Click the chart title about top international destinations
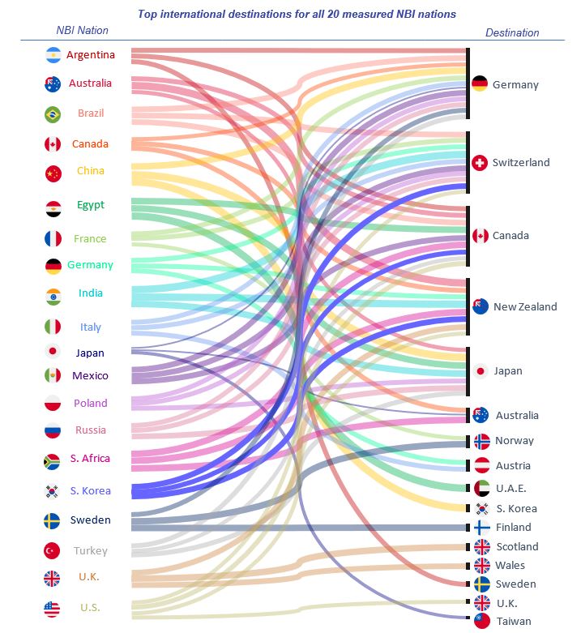(297, 14)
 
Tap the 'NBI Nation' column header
(82, 30)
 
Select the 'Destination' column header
(512, 33)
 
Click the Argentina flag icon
(53, 56)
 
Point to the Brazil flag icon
(53, 113)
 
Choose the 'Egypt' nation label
(91, 205)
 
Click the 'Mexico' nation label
(90, 376)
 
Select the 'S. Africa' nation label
(90, 459)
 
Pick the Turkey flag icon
(53, 550)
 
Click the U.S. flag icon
(53, 608)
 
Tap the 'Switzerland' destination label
(520, 163)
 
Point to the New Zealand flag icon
(481, 306)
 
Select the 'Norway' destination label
(514, 441)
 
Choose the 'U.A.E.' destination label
(511, 488)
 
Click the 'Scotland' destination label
(516, 547)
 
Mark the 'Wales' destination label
(510, 566)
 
